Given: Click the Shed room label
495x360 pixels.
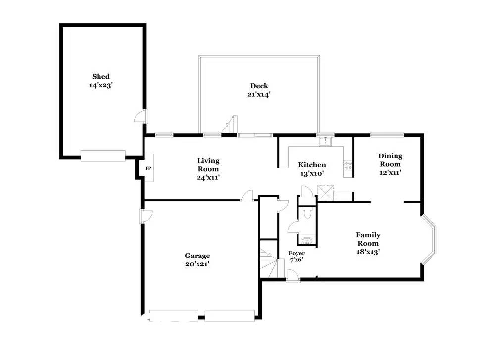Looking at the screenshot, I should [x=101, y=76].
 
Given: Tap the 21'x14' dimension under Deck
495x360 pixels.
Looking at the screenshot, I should [x=259, y=94].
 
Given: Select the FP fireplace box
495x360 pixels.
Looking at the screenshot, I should [x=148, y=168].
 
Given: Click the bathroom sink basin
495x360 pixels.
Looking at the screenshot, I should [x=307, y=241].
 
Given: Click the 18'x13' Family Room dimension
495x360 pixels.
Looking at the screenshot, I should [x=368, y=251].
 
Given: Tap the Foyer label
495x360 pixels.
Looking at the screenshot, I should [x=297, y=253].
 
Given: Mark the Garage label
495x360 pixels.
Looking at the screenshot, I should [x=198, y=256].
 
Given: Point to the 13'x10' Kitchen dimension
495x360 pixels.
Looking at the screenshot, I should [x=312, y=173].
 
